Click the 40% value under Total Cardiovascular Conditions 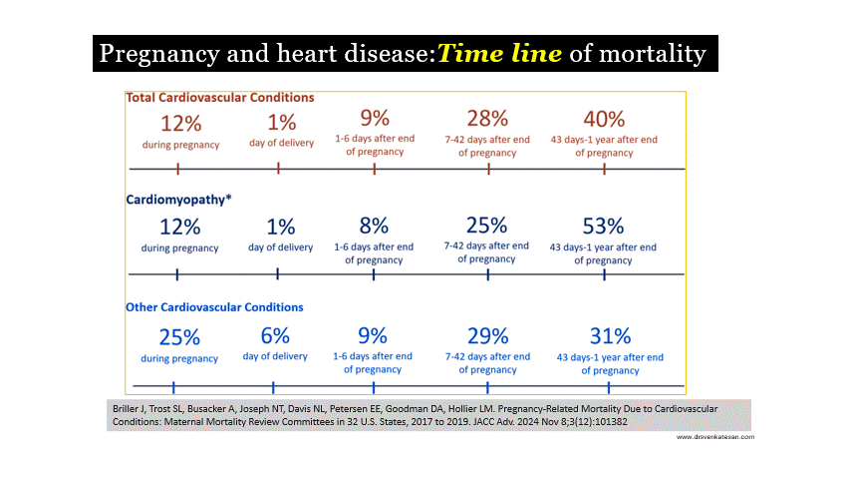click(604, 119)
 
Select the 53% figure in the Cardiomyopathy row click(603, 226)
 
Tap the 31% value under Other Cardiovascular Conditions click(610, 336)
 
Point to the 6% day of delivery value click(275, 336)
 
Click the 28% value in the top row click(487, 119)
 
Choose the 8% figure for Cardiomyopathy click(374, 226)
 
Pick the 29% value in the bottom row click(488, 336)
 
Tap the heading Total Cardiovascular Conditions click(220, 98)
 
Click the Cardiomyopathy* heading click(179, 200)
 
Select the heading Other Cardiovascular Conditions click(214, 307)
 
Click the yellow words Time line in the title click(499, 53)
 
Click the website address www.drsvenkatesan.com click(715, 437)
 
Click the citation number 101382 click(611, 422)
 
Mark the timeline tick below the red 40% click(605, 170)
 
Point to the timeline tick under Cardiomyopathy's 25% click(488, 274)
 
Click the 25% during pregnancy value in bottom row click(179, 337)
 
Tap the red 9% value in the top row click(375, 118)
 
